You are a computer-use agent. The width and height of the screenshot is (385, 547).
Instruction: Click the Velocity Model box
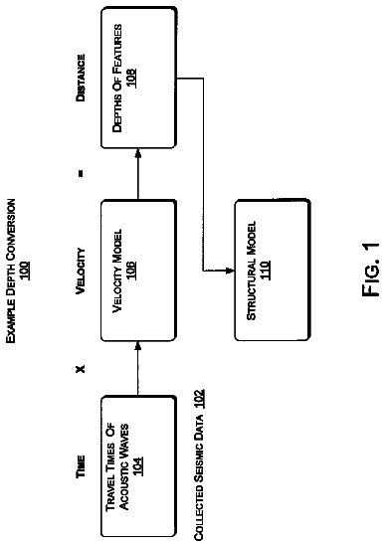click(138, 271)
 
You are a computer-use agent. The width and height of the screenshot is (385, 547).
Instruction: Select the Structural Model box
click(273, 270)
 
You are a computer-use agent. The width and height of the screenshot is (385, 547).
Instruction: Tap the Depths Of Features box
click(138, 78)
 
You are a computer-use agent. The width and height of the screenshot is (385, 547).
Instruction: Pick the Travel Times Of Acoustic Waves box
click(138, 466)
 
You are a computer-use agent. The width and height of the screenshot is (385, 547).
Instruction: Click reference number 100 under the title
click(25, 271)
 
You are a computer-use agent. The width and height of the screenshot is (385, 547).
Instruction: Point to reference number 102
click(199, 399)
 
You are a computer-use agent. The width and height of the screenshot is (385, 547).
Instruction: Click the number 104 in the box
click(138, 466)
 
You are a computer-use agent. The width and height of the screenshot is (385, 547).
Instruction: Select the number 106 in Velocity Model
click(131, 271)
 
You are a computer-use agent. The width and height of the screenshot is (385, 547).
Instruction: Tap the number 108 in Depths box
click(131, 78)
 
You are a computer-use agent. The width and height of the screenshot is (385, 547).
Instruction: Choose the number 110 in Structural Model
click(265, 270)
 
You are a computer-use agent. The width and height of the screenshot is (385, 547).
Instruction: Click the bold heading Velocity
click(81, 271)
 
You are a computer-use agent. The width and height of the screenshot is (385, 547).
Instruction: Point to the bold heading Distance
click(81, 78)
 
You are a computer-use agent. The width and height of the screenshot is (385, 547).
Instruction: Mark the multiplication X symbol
click(81, 369)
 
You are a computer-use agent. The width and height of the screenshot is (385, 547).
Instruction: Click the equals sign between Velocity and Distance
click(81, 173)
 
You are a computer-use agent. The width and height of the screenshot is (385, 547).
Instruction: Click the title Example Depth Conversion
click(11, 271)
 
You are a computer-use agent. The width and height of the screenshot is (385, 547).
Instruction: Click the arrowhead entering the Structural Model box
click(231, 270)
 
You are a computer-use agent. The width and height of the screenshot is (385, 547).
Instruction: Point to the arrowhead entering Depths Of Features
click(138, 153)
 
